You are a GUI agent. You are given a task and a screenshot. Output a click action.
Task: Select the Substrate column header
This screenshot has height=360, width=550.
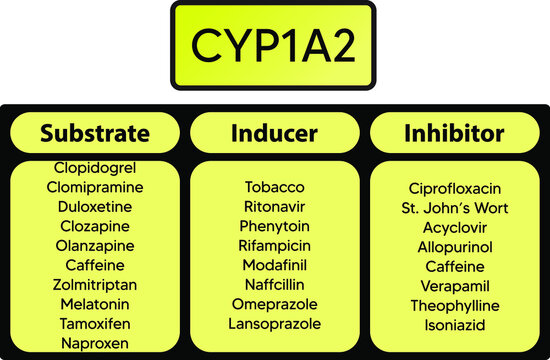pyautogui.click(x=95, y=133)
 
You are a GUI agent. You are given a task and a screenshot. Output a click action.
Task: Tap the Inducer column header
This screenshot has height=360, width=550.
pyautogui.click(x=274, y=133)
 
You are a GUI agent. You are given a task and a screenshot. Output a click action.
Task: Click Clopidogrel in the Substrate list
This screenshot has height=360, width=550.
pyautogui.click(x=95, y=167)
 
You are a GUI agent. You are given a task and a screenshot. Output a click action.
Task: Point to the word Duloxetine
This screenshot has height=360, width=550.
pyautogui.click(x=95, y=206)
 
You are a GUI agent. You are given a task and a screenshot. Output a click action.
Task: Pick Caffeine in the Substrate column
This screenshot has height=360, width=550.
pyautogui.click(x=95, y=265)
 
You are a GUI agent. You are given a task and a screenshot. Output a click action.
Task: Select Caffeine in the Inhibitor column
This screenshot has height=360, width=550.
pyautogui.click(x=454, y=267)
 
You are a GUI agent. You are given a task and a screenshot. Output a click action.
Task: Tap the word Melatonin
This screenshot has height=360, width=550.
pyautogui.click(x=95, y=304)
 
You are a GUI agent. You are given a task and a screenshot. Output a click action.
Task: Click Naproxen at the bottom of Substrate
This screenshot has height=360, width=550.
pyautogui.click(x=95, y=343)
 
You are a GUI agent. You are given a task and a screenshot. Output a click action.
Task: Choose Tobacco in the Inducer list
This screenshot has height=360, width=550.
pyautogui.click(x=274, y=187)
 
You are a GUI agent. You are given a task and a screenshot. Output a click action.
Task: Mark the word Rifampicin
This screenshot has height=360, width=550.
pyautogui.click(x=274, y=245)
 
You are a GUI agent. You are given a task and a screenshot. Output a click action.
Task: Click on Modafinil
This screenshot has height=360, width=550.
pyautogui.click(x=274, y=265)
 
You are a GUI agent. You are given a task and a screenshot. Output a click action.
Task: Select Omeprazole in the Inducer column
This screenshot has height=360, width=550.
pyautogui.click(x=274, y=304)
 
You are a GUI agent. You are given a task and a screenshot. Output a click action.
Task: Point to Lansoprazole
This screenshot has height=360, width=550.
pyautogui.click(x=274, y=324)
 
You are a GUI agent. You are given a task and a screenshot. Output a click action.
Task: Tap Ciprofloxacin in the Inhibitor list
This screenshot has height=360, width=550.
pyautogui.click(x=454, y=188)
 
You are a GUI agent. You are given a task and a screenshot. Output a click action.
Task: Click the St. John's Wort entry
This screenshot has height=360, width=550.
pyautogui.click(x=454, y=208)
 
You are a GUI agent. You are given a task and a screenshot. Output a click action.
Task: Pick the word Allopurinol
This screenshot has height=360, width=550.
pyautogui.click(x=454, y=247)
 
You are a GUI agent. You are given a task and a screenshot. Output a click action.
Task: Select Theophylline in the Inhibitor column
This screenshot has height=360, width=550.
pyautogui.click(x=454, y=306)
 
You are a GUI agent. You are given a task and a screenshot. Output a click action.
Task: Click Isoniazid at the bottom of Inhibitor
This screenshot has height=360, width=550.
pyautogui.click(x=454, y=326)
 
